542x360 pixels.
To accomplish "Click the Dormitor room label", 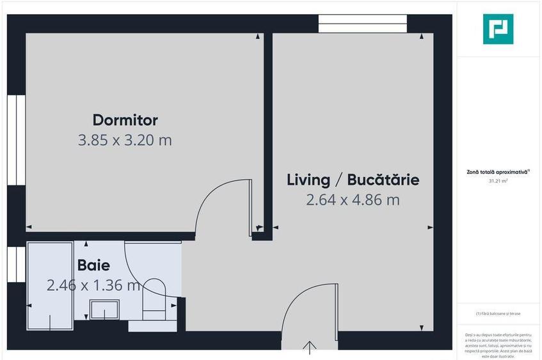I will point(125,120).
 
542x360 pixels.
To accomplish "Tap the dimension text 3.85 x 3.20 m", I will point(125,140).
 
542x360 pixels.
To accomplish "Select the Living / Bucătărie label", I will point(353,180).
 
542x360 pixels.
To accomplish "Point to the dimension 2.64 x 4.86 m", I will point(353,200).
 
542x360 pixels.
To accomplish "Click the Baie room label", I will point(93,265).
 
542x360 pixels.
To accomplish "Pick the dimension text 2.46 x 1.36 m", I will point(93,285).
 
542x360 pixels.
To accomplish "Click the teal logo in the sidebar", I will point(498,29).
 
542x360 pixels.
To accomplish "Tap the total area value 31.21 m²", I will point(498,181).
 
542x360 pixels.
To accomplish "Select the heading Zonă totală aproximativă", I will point(498,172).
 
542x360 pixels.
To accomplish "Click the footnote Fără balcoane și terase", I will point(498,313).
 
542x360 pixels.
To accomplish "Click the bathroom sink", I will point(103,311).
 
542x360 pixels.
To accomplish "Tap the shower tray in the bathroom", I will point(50,281).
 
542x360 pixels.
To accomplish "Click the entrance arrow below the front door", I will point(310,349).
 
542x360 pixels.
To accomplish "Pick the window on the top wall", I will point(362,24).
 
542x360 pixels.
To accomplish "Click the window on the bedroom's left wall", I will point(16,140).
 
